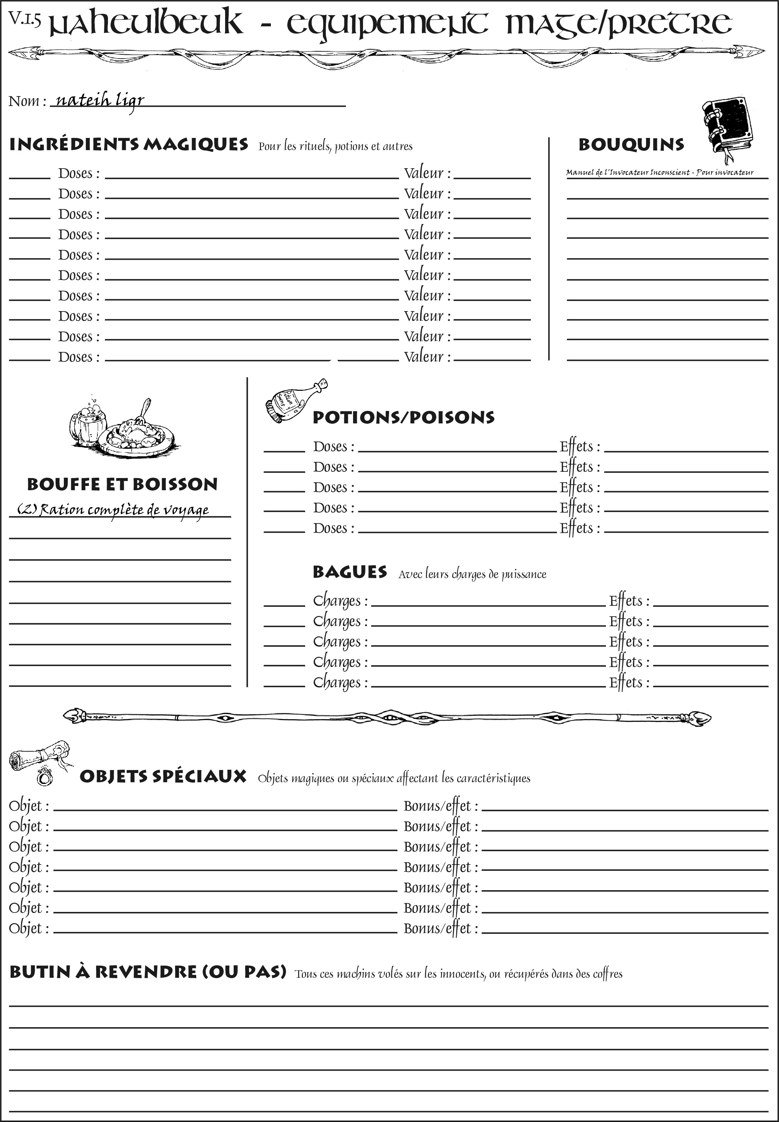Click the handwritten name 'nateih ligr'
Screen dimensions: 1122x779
[100, 101]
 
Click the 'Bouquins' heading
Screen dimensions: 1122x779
[631, 145]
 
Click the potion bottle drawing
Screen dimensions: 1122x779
[295, 400]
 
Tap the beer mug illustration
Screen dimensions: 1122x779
[88, 422]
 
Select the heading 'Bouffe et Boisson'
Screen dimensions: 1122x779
[122, 484]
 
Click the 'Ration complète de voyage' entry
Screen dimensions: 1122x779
[113, 510]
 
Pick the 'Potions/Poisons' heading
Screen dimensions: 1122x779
[403, 417]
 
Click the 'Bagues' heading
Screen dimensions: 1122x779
[350, 572]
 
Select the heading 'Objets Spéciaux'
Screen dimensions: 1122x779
[163, 777]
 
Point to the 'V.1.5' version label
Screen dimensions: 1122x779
[24, 18]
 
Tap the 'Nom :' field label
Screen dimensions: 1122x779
[27, 101]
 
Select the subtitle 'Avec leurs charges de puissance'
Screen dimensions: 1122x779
[472, 574]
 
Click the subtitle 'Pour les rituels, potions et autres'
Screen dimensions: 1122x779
[335, 146]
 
